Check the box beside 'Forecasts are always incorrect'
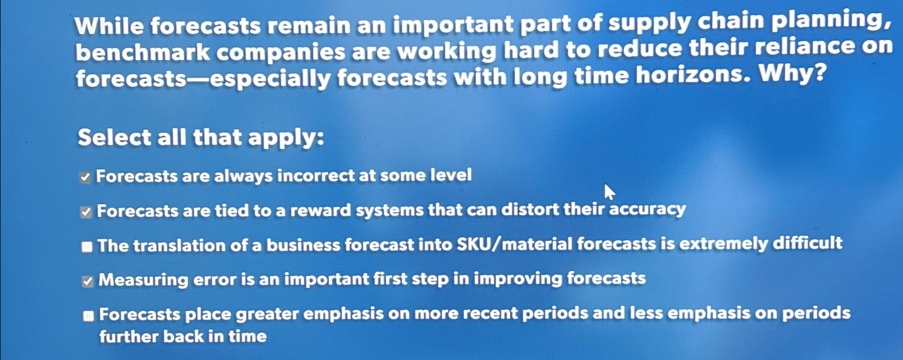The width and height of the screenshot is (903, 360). pyautogui.click(x=85, y=177)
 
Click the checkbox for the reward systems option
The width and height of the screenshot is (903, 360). pyautogui.click(x=86, y=212)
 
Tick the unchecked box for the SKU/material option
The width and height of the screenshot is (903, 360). pyautogui.click(x=87, y=247)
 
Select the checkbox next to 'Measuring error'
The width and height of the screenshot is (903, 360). pyautogui.click(x=88, y=281)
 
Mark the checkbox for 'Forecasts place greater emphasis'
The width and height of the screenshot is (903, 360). pyautogui.click(x=88, y=316)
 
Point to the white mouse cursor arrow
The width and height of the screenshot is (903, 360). pyautogui.click(x=609, y=191)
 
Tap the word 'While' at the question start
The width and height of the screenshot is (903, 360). pyautogui.click(x=109, y=27)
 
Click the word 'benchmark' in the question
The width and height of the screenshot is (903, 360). pyautogui.click(x=143, y=53)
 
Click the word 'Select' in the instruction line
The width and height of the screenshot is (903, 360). pyautogui.click(x=114, y=138)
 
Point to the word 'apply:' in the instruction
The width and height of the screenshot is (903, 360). pyautogui.click(x=286, y=138)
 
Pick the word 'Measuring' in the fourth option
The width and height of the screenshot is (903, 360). pyautogui.click(x=143, y=280)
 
